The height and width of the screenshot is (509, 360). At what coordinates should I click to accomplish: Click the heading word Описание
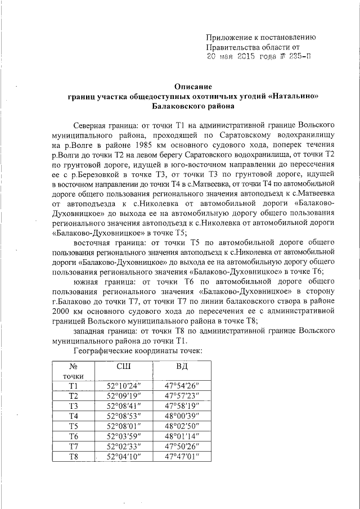193,87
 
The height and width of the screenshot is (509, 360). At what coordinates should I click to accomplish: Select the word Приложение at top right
232,38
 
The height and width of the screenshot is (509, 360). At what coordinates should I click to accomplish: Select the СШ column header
124,367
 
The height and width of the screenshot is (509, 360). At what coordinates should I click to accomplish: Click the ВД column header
182,367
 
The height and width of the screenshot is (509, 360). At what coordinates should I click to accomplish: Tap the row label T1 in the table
73,385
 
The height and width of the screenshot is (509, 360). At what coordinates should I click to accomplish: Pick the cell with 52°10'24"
124,385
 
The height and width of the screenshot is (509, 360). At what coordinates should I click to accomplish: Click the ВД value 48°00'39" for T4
182,416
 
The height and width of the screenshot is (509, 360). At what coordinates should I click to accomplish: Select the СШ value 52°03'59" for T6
124,436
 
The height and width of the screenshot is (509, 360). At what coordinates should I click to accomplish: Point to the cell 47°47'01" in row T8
182,456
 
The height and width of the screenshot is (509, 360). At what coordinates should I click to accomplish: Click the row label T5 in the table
73,426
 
